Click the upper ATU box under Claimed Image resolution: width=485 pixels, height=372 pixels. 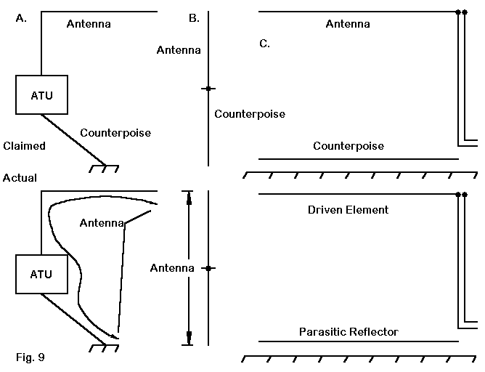[41, 95]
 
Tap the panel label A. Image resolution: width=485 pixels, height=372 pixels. [21, 19]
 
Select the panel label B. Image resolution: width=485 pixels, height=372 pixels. [194, 19]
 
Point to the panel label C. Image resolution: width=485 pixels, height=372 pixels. [264, 44]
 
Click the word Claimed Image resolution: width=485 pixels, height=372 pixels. [24, 146]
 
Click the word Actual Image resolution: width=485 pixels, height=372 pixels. [20, 178]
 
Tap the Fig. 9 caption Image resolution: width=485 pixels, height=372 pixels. [30, 357]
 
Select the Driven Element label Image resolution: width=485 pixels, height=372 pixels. [348, 210]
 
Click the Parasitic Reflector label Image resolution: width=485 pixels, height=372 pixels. [349, 332]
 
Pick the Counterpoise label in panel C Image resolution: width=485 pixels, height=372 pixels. [349, 146]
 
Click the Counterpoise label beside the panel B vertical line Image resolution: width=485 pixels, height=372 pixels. [250, 114]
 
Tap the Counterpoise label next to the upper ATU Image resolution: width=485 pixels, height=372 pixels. [115, 133]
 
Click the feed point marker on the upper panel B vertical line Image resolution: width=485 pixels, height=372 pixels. [208, 89]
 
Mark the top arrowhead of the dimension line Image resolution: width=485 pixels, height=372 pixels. [189, 196]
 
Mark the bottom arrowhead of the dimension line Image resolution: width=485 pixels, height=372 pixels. [189, 339]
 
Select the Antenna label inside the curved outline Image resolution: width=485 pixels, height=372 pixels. [102, 222]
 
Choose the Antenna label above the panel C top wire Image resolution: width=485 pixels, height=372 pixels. [348, 24]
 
